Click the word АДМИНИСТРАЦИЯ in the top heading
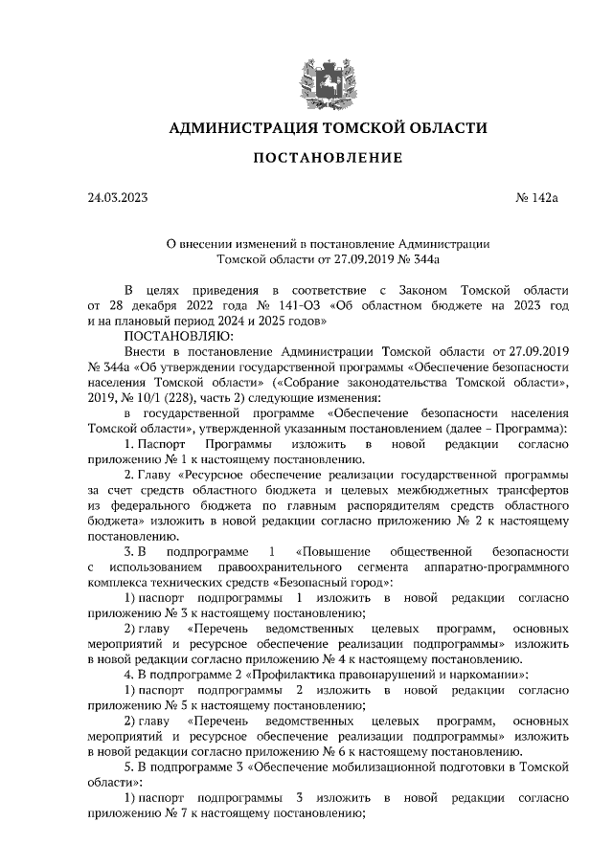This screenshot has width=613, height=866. pos(238,127)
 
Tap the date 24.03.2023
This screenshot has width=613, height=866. pos(117,199)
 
